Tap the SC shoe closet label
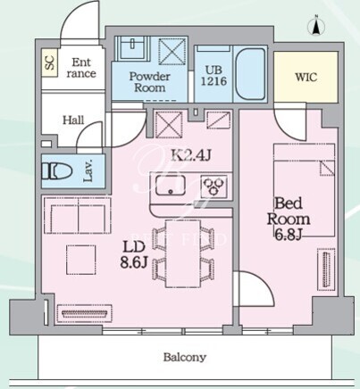point(49,62)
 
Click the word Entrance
point(81,68)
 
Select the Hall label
point(73,120)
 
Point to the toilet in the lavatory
point(57,171)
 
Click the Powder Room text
point(149,82)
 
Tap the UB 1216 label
point(213,76)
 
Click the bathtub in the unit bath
point(250,74)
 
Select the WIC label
point(306,77)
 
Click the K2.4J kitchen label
point(191,155)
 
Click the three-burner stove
point(213,186)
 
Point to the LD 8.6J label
point(134,254)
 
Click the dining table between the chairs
point(183,253)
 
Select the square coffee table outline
point(81,260)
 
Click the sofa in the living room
point(78,215)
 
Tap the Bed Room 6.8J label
point(289,219)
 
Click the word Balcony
point(184,357)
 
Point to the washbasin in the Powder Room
point(132,46)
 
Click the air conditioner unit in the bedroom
point(326,269)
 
